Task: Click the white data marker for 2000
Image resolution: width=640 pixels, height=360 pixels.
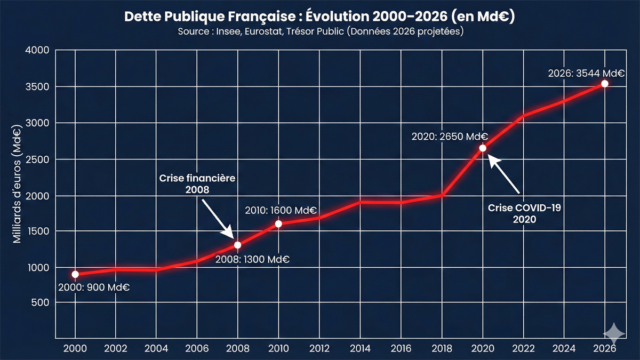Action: point(75,274)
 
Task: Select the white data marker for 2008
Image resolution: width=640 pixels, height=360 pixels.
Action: point(238,245)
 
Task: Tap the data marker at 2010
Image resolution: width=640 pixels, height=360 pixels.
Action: point(278,223)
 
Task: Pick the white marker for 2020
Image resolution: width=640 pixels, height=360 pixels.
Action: point(483,148)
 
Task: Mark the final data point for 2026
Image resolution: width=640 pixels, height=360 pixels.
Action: point(604,84)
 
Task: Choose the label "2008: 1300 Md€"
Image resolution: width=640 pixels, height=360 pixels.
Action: point(252,259)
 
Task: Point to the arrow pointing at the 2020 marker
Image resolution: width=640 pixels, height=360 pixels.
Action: point(504,175)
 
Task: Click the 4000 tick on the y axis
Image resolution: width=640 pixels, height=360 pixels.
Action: point(37,50)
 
